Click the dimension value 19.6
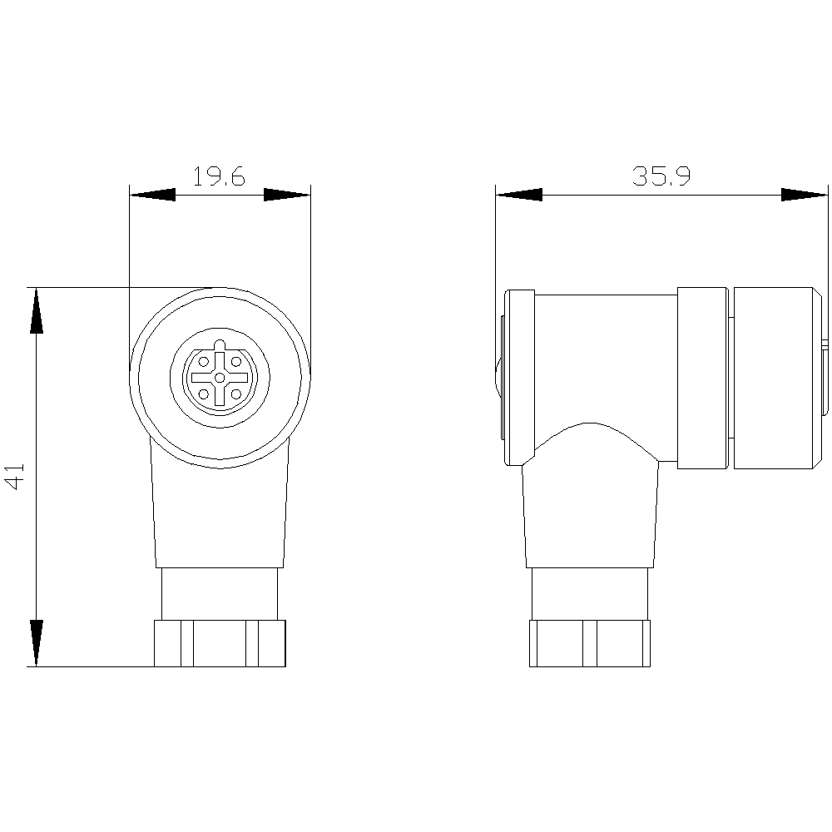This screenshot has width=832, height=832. click(x=219, y=176)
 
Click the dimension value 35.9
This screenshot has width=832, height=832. click(x=661, y=176)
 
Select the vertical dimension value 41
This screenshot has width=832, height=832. click(x=16, y=476)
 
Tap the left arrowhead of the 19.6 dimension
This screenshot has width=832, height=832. click(x=153, y=196)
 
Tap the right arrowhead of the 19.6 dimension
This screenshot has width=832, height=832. click(x=287, y=196)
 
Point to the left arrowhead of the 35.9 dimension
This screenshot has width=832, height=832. click(x=519, y=196)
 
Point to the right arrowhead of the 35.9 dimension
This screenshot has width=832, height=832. click(x=805, y=196)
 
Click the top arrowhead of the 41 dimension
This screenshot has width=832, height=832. click(x=36, y=311)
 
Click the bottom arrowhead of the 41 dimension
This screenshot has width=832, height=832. click(x=36, y=642)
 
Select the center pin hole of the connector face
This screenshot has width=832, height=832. click(x=220, y=378)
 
